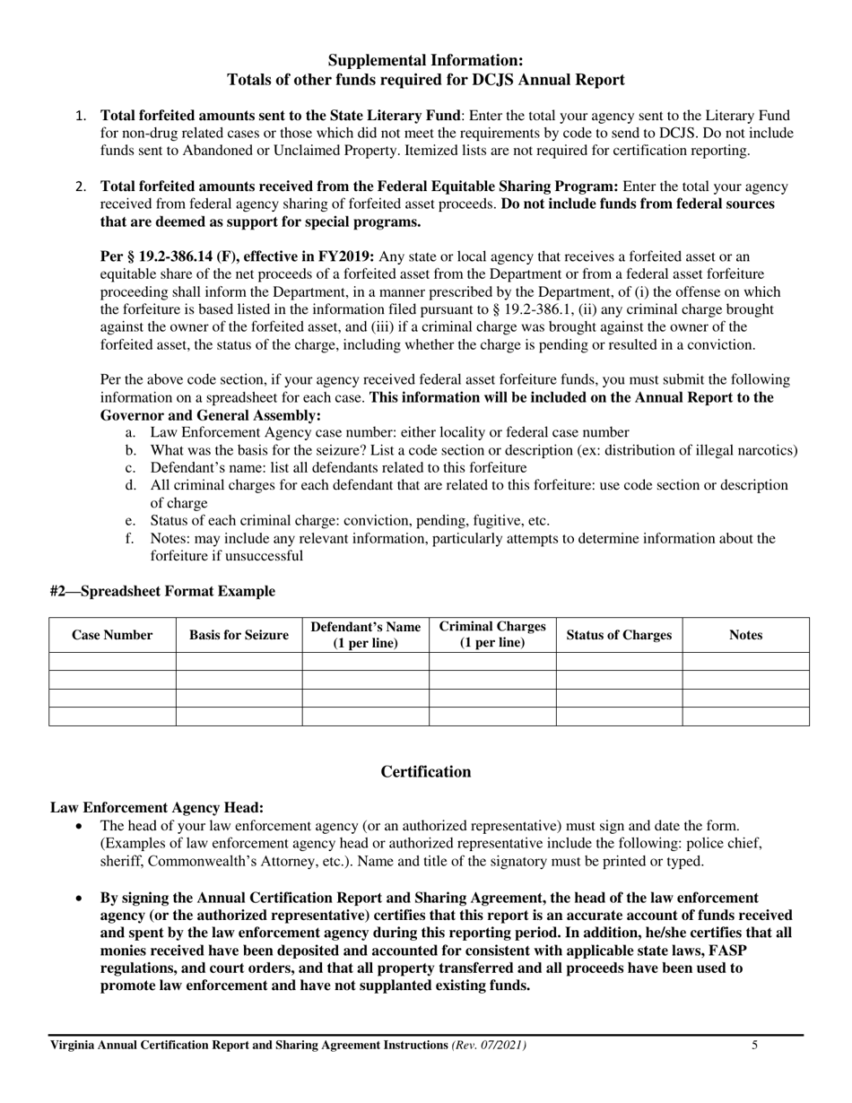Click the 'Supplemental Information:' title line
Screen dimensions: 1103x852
click(x=425, y=60)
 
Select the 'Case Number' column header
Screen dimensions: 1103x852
click(x=112, y=635)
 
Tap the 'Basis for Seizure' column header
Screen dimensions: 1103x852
click(x=239, y=635)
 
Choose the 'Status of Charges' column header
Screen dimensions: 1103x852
click(x=619, y=635)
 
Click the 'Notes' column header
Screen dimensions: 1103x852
click(x=745, y=635)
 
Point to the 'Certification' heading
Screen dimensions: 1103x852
click(x=425, y=772)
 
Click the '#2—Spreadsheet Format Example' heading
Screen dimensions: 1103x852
click(x=162, y=591)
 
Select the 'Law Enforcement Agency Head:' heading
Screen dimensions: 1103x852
click(x=157, y=808)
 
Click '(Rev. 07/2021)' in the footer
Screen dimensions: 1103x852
click(x=490, y=1045)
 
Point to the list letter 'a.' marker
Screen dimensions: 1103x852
click(x=131, y=432)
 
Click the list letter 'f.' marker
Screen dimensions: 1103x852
click(x=131, y=538)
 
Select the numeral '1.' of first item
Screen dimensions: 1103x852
click(x=81, y=116)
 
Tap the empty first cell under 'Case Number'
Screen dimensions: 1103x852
click(x=112, y=662)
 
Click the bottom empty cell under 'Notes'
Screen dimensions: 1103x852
click(x=745, y=716)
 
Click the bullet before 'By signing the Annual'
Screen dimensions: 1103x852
click(x=81, y=898)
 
